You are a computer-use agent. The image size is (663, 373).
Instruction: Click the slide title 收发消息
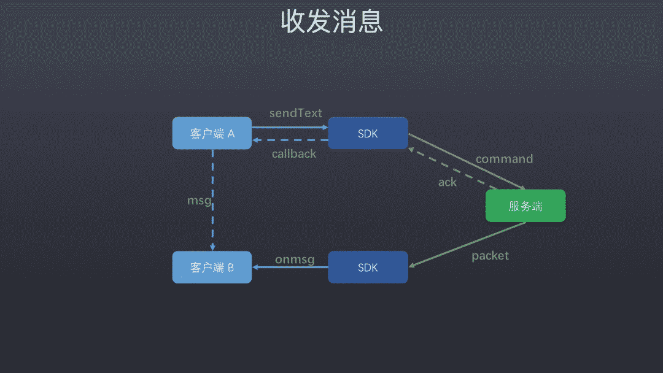(x=331, y=21)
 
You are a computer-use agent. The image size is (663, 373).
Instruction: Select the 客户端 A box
(x=212, y=133)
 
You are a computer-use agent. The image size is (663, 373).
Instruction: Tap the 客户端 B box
(x=212, y=267)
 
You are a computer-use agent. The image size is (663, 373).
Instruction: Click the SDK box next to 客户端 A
(x=368, y=133)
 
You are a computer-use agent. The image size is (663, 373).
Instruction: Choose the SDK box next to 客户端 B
(x=368, y=267)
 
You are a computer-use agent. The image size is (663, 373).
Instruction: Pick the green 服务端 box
(x=525, y=206)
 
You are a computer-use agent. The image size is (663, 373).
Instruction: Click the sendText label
(x=295, y=113)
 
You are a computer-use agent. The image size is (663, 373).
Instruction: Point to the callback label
(x=294, y=154)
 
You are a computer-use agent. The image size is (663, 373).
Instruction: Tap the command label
(x=504, y=159)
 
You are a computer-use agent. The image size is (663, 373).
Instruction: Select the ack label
(x=448, y=182)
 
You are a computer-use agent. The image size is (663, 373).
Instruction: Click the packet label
(x=490, y=256)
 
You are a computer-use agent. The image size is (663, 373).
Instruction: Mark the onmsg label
(x=295, y=260)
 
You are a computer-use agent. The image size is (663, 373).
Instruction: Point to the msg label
(x=199, y=201)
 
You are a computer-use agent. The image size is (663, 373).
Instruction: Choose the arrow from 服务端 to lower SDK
(x=467, y=244)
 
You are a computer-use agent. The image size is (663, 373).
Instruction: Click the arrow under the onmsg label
(x=290, y=267)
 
